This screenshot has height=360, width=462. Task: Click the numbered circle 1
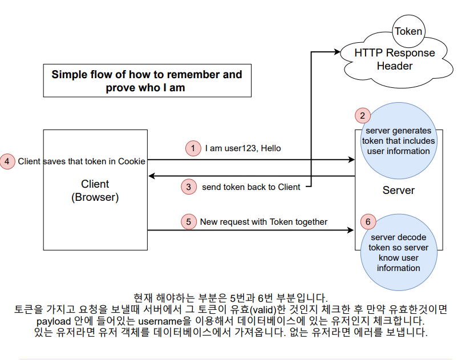[x=193, y=148]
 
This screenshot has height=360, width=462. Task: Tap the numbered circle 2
[x=362, y=115]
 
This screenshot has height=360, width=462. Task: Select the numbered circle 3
[x=189, y=187]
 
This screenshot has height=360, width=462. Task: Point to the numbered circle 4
[x=7, y=161]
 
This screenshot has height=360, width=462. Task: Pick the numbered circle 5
[x=189, y=221]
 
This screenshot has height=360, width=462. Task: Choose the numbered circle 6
[x=368, y=221]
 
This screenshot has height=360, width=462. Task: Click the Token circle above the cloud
[x=408, y=32]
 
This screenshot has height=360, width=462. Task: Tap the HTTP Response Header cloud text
[x=394, y=59]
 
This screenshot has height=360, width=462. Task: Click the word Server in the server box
[x=398, y=190]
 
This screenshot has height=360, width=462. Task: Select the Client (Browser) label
[x=95, y=191]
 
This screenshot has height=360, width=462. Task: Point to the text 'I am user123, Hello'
[x=242, y=148]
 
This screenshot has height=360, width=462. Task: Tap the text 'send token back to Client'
[x=251, y=187]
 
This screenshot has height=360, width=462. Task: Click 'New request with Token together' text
[x=264, y=221]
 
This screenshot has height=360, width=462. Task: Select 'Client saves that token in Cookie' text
[x=82, y=161]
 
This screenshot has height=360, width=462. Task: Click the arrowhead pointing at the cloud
[x=336, y=52]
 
